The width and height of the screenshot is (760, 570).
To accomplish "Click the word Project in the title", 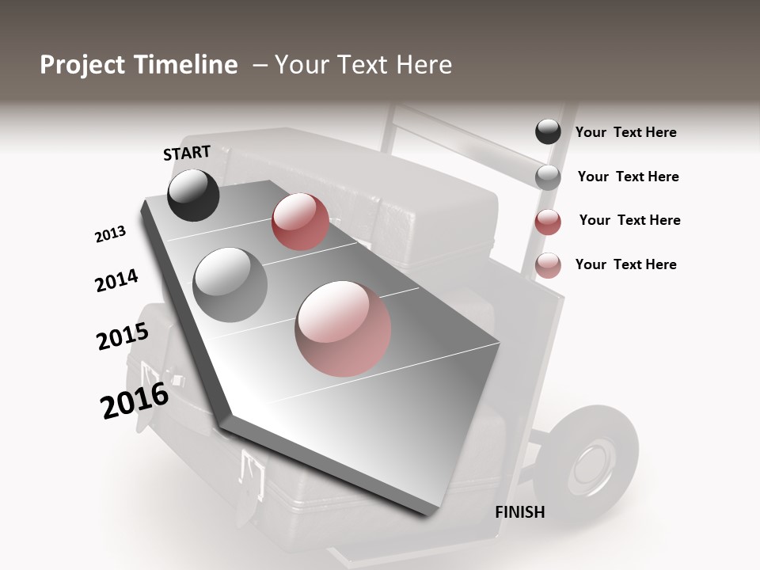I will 83,65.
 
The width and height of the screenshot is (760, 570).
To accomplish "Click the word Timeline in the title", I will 186,65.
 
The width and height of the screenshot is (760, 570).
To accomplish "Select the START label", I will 187,153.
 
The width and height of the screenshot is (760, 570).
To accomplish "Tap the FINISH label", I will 520,512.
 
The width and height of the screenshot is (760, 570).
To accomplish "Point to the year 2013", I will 110,234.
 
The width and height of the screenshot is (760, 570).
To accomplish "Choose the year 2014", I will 116,280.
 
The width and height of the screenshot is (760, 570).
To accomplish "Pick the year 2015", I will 123,336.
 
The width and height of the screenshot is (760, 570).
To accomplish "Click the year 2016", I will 135,400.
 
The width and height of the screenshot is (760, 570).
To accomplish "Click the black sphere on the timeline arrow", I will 193,195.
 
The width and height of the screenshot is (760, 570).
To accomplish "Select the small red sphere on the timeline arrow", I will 300,222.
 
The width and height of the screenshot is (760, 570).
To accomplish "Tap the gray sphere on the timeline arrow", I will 230,284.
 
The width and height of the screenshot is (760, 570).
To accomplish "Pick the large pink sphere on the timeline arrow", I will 343,329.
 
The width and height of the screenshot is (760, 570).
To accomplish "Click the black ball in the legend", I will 548,132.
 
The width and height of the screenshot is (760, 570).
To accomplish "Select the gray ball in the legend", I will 548,177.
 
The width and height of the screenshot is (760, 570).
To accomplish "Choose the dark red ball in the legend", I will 548,222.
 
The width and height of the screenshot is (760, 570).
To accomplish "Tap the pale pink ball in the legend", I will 548,265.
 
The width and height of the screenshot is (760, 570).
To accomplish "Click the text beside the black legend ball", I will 626,133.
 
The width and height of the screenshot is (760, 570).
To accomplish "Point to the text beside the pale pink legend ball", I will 626,264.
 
